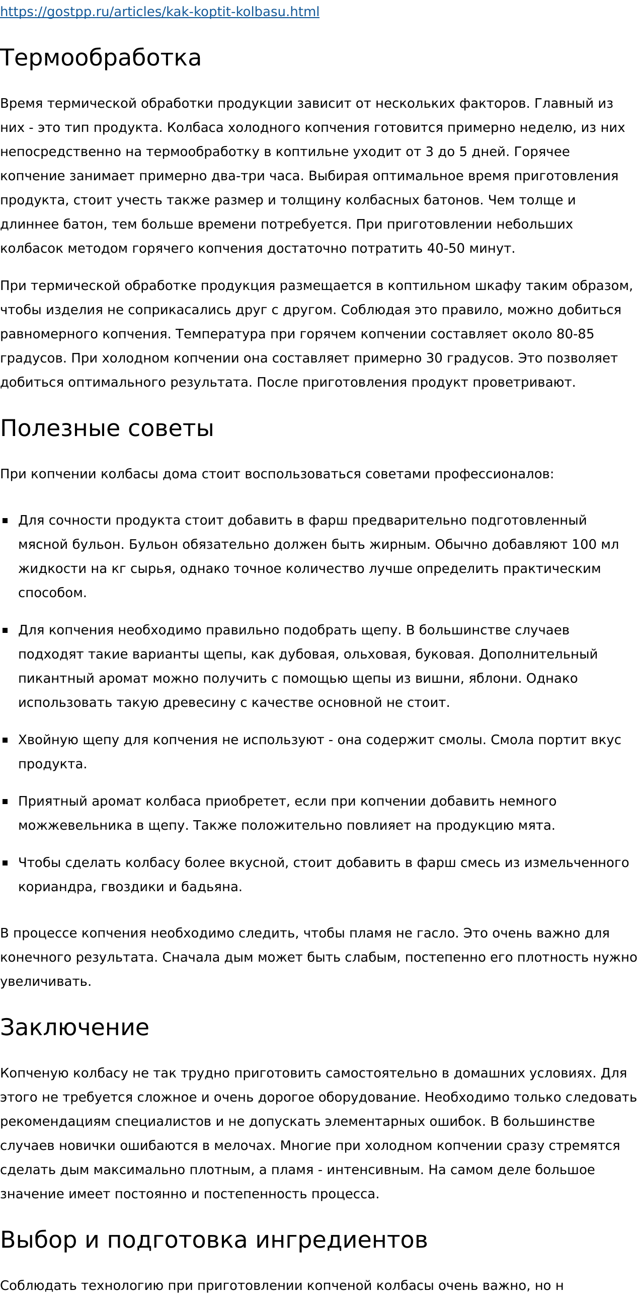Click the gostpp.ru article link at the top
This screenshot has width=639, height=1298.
tap(159, 12)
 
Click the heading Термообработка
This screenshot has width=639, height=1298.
tap(101, 57)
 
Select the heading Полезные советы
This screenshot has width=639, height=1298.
tap(107, 428)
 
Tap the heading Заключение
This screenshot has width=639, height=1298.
tap(74, 1028)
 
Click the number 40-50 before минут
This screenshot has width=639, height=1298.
tap(446, 248)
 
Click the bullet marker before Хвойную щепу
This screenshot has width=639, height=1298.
tap(6, 740)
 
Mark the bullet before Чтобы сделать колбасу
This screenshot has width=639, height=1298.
tap(6, 863)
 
